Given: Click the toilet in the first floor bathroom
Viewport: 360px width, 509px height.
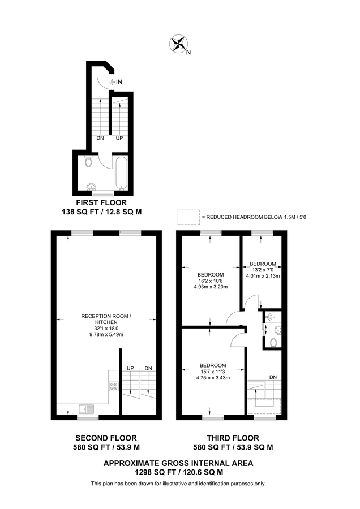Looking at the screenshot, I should click(x=88, y=163).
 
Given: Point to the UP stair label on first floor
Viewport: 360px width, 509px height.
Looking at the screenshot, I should click(x=119, y=138).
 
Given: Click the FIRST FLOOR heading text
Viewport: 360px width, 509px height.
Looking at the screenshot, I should click(x=101, y=202).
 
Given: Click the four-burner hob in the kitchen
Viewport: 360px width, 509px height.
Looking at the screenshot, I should click(x=113, y=387).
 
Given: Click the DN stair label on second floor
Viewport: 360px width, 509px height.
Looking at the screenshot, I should click(x=148, y=368).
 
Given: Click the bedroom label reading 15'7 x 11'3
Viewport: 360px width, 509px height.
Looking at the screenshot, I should click(x=213, y=372).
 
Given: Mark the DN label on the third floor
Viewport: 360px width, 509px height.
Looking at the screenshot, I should click(x=273, y=377).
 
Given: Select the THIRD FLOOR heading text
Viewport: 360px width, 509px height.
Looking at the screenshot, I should click(x=233, y=438).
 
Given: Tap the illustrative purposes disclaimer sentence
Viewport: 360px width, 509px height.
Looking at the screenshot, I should click(x=178, y=484).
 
